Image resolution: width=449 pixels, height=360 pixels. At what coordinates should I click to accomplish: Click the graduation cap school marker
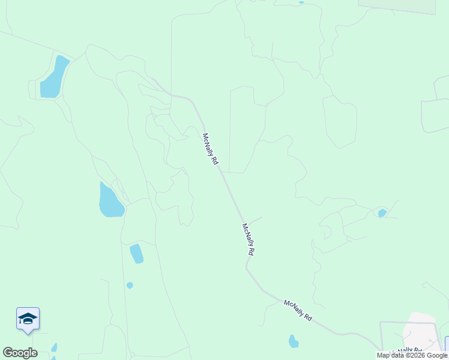pyautogui.click(x=28, y=319)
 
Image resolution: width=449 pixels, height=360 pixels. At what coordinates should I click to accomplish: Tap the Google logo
pyautogui.click(x=20, y=353)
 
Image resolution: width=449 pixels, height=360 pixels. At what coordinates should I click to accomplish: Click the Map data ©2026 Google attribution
pyautogui.click(x=412, y=355)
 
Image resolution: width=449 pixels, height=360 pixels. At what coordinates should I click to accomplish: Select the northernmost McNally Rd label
pyautogui.click(x=210, y=149)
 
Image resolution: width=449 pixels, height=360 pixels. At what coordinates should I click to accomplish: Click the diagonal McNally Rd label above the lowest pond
pyautogui.click(x=298, y=311)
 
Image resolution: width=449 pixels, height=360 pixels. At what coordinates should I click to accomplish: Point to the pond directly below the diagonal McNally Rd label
pyautogui.click(x=294, y=341)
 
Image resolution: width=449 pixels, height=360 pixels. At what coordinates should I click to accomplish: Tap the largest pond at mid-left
pyautogui.click(x=110, y=200)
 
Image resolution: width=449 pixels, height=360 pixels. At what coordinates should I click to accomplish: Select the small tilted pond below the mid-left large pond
pyautogui.click(x=137, y=253)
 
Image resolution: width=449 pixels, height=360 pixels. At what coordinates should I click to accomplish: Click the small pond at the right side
pyautogui.click(x=382, y=212)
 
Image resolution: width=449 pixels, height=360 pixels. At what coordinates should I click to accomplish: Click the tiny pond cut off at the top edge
pyautogui.click(x=301, y=2)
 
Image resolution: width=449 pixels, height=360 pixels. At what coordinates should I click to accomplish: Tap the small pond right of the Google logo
pyautogui.click(x=54, y=347)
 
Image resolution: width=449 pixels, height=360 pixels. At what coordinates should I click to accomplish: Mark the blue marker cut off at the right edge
pyautogui.click(x=447, y=343)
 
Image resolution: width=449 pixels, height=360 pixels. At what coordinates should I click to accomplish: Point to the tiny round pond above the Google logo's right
pyautogui.click(x=130, y=285)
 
